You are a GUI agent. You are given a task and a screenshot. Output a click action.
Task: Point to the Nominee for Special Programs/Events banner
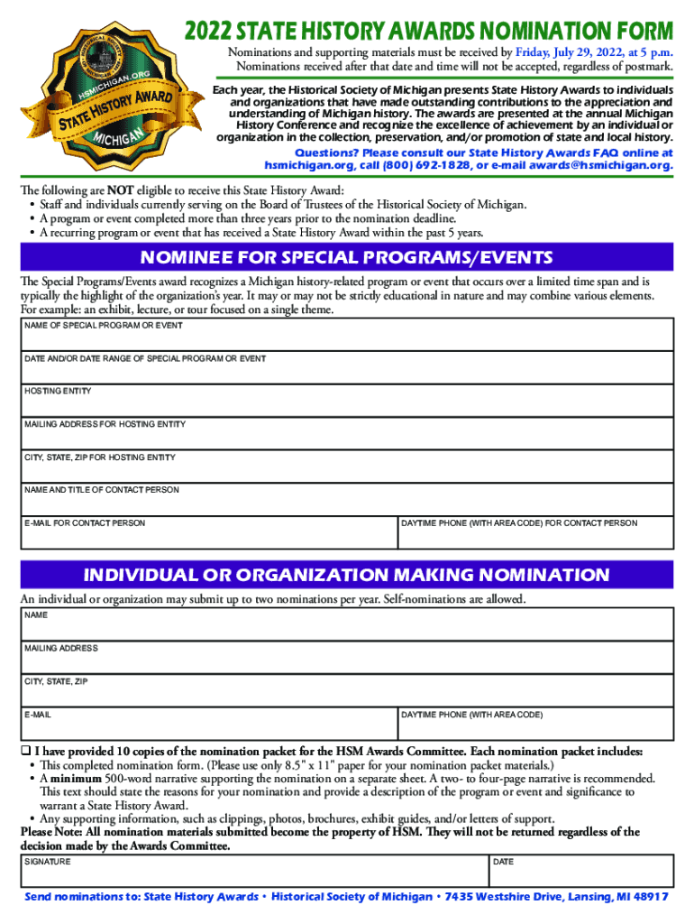point(346,256)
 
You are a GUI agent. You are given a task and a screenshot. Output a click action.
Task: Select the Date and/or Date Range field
point(346,370)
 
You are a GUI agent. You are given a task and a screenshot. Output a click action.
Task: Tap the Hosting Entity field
point(346,402)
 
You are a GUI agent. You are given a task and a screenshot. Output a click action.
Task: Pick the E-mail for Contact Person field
point(208,535)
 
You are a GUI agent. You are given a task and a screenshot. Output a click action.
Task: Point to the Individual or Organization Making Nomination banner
point(346,575)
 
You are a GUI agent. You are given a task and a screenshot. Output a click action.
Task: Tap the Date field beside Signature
point(580,873)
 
